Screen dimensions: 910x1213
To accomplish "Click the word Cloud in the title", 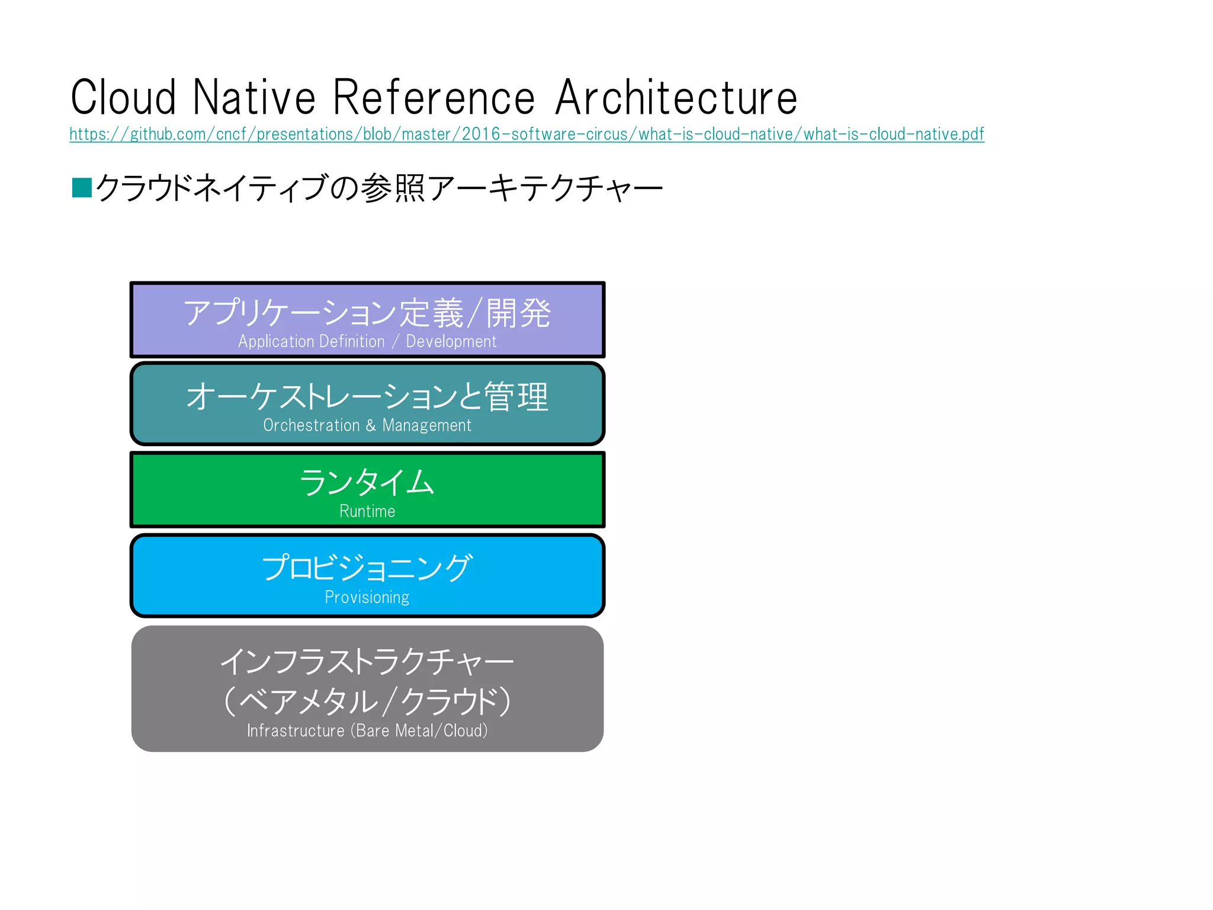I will [x=123, y=98].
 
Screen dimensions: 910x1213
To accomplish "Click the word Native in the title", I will [x=255, y=98].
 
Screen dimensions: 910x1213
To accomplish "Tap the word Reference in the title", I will [x=434, y=98].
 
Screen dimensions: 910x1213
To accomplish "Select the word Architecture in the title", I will [x=676, y=98].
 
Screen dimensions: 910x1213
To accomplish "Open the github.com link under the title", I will [x=526, y=134].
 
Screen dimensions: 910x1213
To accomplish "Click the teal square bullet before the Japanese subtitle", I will [x=82, y=187].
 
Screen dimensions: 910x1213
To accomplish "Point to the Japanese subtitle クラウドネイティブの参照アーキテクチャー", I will [x=379, y=188].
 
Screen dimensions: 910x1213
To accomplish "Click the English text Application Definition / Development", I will [x=367, y=342].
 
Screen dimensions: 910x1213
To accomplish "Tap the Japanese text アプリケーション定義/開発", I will [x=367, y=313].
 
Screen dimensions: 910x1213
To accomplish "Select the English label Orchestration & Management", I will [x=367, y=425].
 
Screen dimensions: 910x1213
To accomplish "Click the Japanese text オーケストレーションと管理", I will [x=367, y=396].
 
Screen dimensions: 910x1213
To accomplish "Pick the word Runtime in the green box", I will [x=367, y=511].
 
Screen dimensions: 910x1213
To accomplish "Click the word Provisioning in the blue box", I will [x=367, y=597].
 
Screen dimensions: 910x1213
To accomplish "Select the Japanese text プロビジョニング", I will [x=367, y=568].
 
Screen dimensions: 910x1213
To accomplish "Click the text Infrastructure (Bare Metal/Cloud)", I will [x=367, y=730].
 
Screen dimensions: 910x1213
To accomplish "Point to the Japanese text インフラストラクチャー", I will [x=367, y=661].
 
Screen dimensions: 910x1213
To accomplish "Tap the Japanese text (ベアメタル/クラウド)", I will [x=367, y=701].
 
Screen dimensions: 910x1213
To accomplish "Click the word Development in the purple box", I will [x=451, y=342].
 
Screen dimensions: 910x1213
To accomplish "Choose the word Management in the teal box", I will [x=426, y=425].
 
